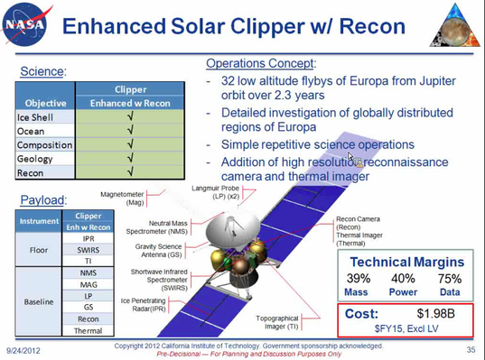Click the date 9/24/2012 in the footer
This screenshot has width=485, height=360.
(24, 348)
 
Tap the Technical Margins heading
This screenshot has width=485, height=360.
(408, 261)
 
